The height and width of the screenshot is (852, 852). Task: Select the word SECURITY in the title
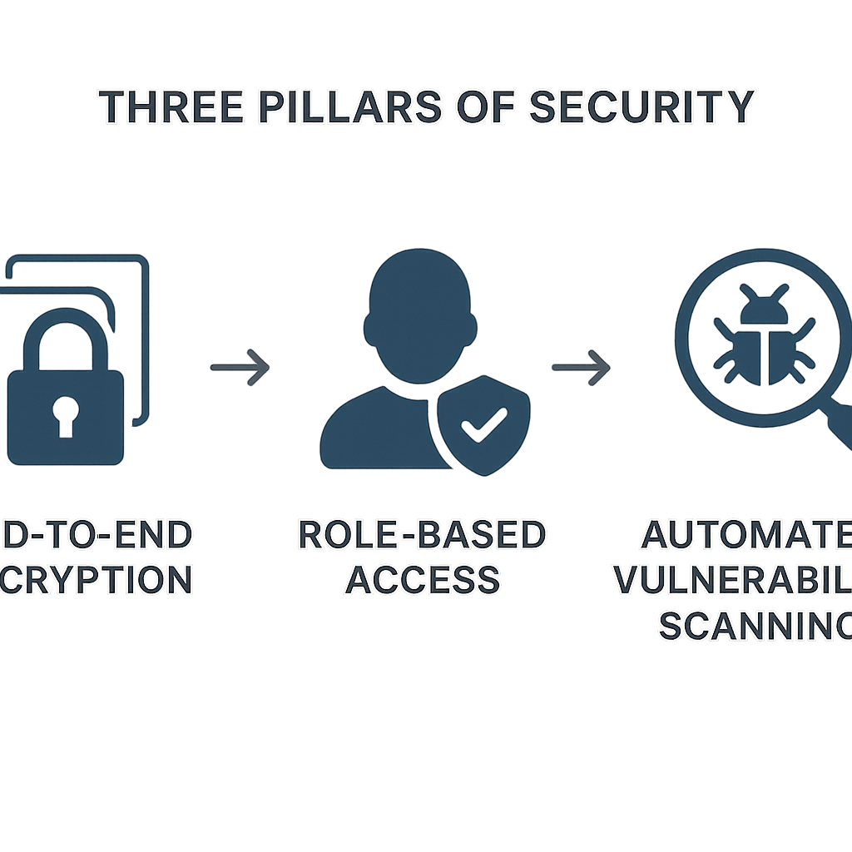point(641,106)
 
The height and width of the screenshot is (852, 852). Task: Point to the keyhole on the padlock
point(67,414)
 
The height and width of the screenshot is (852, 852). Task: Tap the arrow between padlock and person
point(240,366)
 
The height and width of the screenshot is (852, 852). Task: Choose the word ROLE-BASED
point(422,535)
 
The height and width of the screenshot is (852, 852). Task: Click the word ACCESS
point(422,579)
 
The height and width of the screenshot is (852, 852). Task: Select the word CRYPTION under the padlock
point(96,579)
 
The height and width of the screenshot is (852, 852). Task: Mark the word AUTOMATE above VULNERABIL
point(745,535)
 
